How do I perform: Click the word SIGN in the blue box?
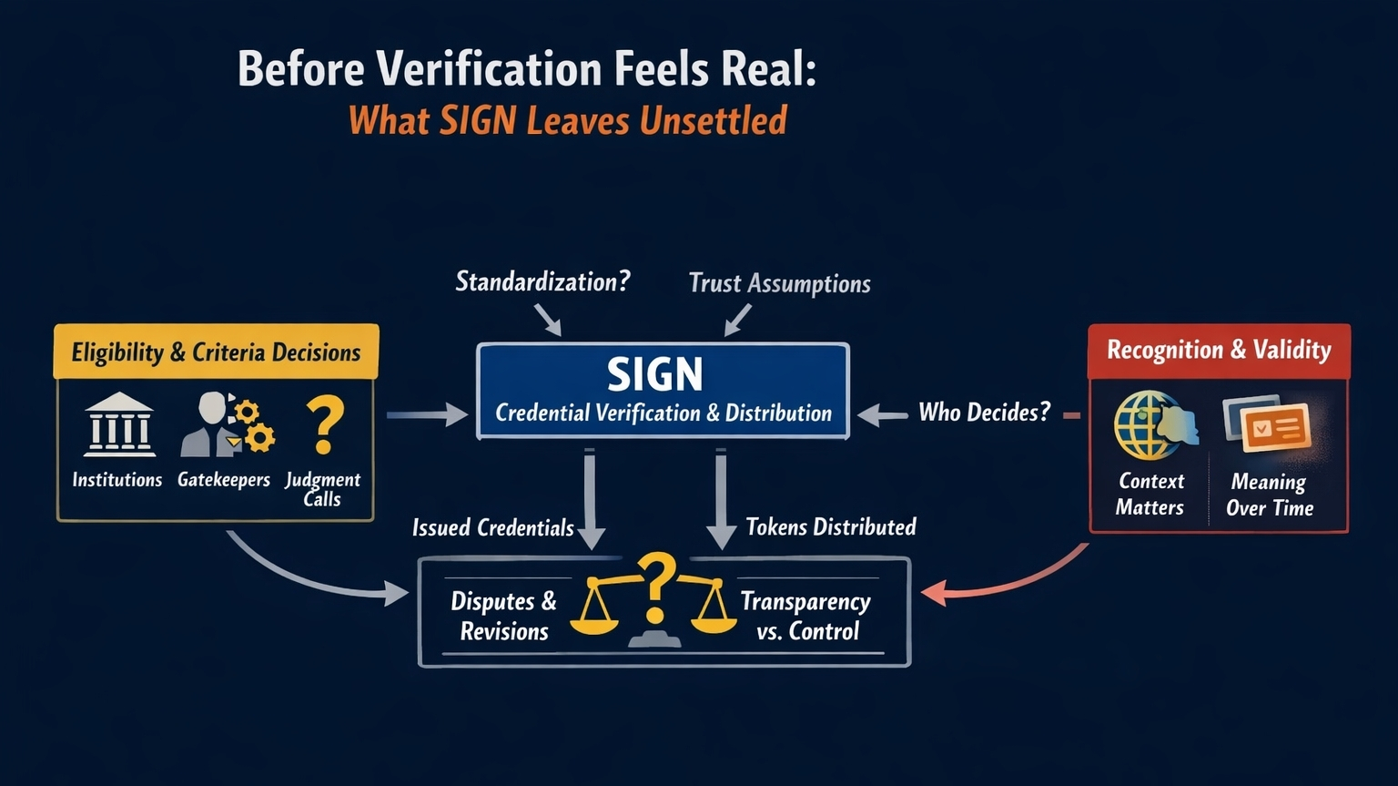(x=654, y=374)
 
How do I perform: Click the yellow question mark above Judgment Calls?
(x=324, y=424)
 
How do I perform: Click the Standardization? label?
(x=542, y=281)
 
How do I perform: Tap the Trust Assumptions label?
(x=779, y=283)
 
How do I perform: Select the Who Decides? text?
(x=984, y=413)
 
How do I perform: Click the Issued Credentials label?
(x=492, y=528)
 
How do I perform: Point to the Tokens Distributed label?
(x=830, y=527)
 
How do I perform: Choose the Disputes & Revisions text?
(x=503, y=616)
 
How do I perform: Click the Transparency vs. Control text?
(x=805, y=616)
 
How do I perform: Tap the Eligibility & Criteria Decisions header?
(x=216, y=352)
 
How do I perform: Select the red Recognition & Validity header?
(x=1219, y=350)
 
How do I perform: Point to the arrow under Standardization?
(x=548, y=320)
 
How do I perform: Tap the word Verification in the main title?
(x=490, y=69)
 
